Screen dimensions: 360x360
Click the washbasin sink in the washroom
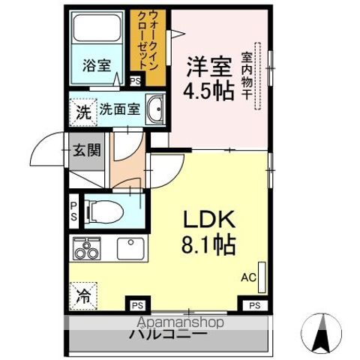point(156,110)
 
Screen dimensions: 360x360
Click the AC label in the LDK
point(247,276)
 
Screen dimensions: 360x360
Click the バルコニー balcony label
point(170,334)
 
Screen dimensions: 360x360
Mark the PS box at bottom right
point(255,304)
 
